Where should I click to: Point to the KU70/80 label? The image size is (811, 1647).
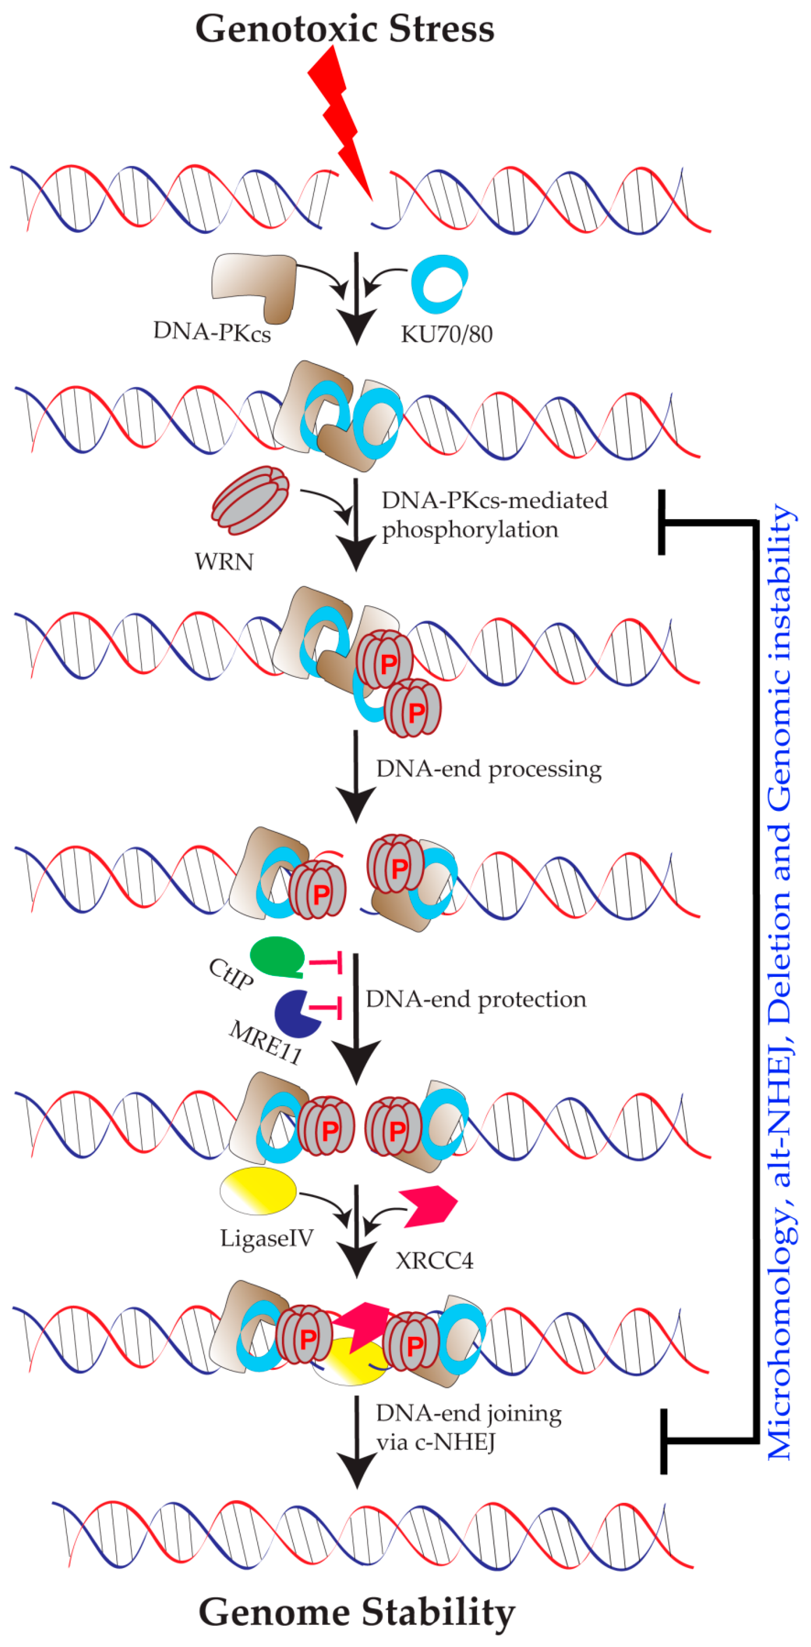(x=447, y=334)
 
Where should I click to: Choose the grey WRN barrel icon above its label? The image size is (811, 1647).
(x=250, y=500)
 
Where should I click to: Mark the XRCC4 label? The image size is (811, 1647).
(x=435, y=1260)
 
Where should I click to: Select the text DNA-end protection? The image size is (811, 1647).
(x=475, y=999)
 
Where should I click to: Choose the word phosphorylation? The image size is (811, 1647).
(x=470, y=529)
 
